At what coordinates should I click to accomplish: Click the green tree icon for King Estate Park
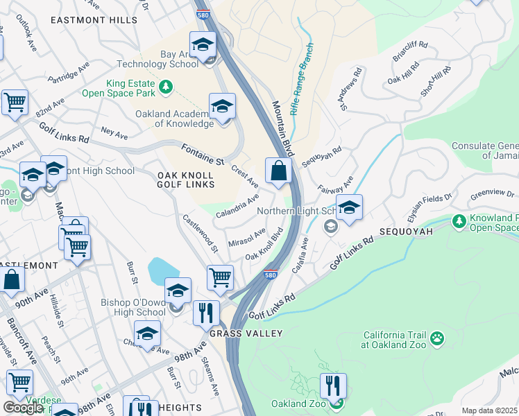pos(166,87)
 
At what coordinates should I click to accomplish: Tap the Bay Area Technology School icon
pos(203,46)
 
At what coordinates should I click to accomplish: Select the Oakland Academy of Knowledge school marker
pos(222,107)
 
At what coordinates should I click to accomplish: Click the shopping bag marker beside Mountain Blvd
pos(278,171)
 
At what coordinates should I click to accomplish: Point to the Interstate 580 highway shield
pos(271,275)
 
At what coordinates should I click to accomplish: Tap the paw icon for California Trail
pos(437,338)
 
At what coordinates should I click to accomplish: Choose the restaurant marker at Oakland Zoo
pos(333,387)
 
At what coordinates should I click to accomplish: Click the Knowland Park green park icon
pos(459,221)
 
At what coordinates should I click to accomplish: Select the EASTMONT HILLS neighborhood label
pos(94,21)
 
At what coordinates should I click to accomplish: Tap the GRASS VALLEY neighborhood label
pos(246,333)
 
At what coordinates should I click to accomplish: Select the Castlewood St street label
pos(200,233)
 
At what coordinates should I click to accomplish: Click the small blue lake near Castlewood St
pos(162,270)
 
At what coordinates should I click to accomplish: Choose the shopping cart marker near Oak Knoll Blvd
pos(221,277)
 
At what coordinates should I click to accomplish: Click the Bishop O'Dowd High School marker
pos(178,292)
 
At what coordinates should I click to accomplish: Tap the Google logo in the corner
pos(23,408)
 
